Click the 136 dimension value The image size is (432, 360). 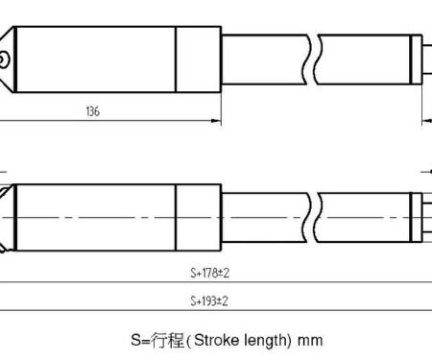tap(93, 111)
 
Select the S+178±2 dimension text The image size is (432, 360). tap(210, 273)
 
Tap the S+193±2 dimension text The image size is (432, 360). tap(209, 301)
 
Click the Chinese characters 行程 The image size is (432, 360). tap(168, 340)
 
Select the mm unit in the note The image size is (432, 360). tap(310, 341)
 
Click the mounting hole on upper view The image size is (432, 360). tap(3, 60)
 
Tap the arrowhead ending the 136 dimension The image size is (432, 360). tap(216, 121)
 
